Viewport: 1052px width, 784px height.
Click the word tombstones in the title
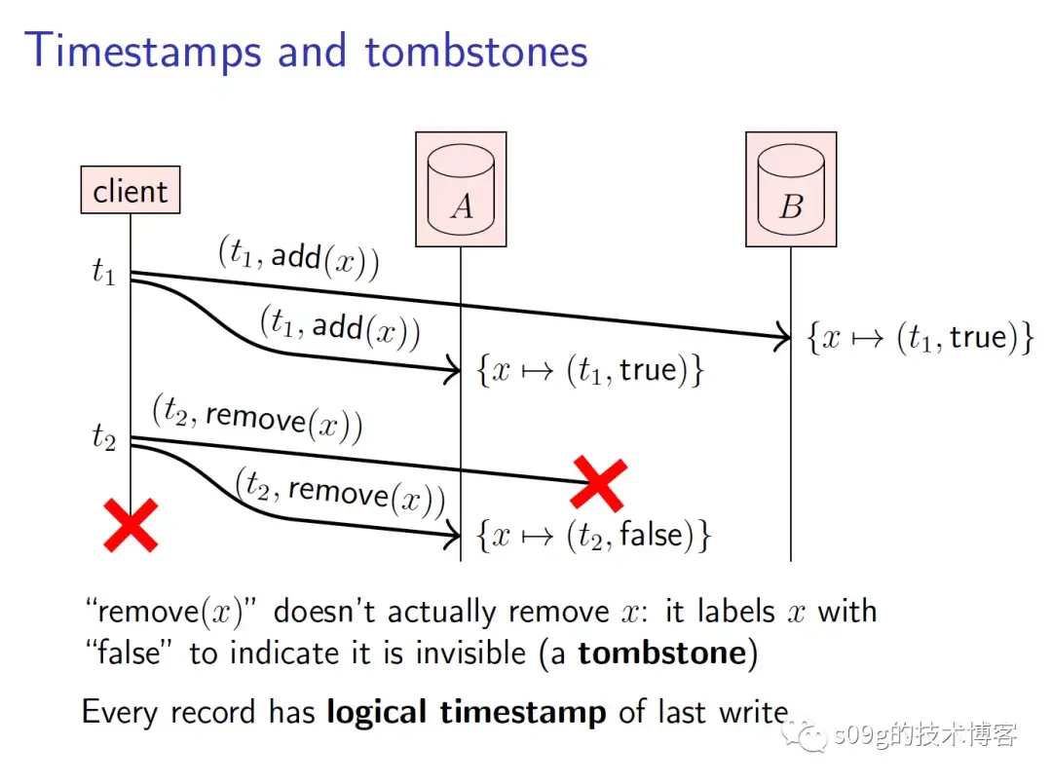coord(476,51)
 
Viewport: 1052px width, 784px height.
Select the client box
coord(130,191)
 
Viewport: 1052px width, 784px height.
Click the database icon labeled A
coord(461,189)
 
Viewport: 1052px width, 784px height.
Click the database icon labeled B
coord(791,189)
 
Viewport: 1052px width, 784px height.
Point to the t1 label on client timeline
coord(103,273)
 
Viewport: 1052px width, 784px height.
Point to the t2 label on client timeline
coord(103,437)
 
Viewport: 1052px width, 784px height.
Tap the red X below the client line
coord(131,526)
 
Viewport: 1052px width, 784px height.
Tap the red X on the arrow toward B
coord(597,482)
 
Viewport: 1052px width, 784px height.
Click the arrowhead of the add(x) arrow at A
coord(452,370)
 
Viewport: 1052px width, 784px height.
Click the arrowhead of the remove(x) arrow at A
coord(452,534)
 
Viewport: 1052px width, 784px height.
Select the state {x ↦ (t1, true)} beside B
coord(920,338)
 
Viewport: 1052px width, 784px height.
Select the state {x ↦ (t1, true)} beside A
coord(589,371)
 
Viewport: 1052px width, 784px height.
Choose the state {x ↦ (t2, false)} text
coord(593,535)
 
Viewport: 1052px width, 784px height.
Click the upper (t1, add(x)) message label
coord(298,258)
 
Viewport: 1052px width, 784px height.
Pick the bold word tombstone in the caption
coord(661,653)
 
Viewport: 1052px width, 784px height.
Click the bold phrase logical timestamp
coord(467,712)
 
